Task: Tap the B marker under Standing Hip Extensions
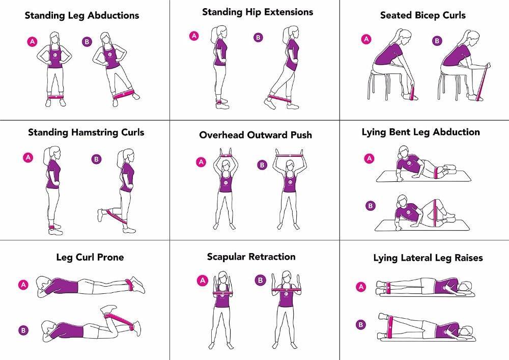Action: (x=258, y=37)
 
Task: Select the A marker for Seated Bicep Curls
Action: (x=366, y=39)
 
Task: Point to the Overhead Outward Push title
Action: (x=256, y=135)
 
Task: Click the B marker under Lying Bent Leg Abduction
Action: (x=370, y=206)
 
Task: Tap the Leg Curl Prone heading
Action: (x=90, y=257)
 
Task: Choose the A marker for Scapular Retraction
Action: (x=202, y=280)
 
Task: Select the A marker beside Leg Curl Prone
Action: (x=23, y=285)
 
